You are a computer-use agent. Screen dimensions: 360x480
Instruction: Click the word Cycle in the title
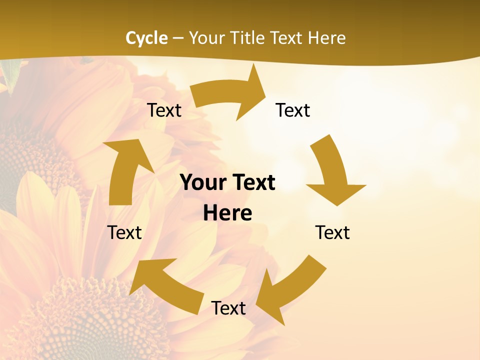click(x=146, y=38)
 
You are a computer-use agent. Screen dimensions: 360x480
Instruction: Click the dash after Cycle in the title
click(x=178, y=38)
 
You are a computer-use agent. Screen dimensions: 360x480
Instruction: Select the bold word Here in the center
click(x=227, y=213)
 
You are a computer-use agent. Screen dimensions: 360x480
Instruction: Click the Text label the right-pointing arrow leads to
click(x=293, y=110)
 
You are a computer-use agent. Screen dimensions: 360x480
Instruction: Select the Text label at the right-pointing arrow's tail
click(x=164, y=110)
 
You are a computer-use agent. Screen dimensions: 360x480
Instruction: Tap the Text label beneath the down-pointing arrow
click(x=332, y=232)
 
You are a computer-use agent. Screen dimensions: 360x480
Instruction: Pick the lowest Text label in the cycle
click(x=228, y=308)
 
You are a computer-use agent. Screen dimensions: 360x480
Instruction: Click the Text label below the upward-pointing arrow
click(x=124, y=232)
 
